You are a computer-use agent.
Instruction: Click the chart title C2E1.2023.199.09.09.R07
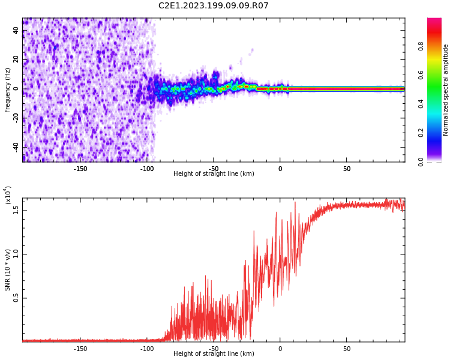click(214, 6)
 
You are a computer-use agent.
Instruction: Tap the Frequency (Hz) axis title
click(8, 90)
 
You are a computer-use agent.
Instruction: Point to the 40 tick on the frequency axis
click(17, 31)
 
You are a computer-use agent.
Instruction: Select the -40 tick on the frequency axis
click(17, 147)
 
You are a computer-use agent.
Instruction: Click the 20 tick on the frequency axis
click(17, 59)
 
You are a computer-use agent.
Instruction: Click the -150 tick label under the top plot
click(80, 169)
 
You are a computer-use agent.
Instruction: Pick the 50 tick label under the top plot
click(347, 169)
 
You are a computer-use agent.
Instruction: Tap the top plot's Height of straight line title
click(214, 174)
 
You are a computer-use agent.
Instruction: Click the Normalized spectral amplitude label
click(446, 90)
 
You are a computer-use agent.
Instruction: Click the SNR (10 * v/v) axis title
click(8, 270)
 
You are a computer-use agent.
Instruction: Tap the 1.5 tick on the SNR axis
click(17, 209)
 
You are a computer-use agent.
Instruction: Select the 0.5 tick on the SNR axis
click(17, 298)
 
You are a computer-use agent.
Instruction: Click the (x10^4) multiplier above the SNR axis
click(8, 195)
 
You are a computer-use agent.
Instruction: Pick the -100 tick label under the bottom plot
click(147, 349)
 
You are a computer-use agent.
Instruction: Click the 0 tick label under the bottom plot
click(280, 349)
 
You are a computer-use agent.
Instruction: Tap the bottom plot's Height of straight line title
click(214, 354)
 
